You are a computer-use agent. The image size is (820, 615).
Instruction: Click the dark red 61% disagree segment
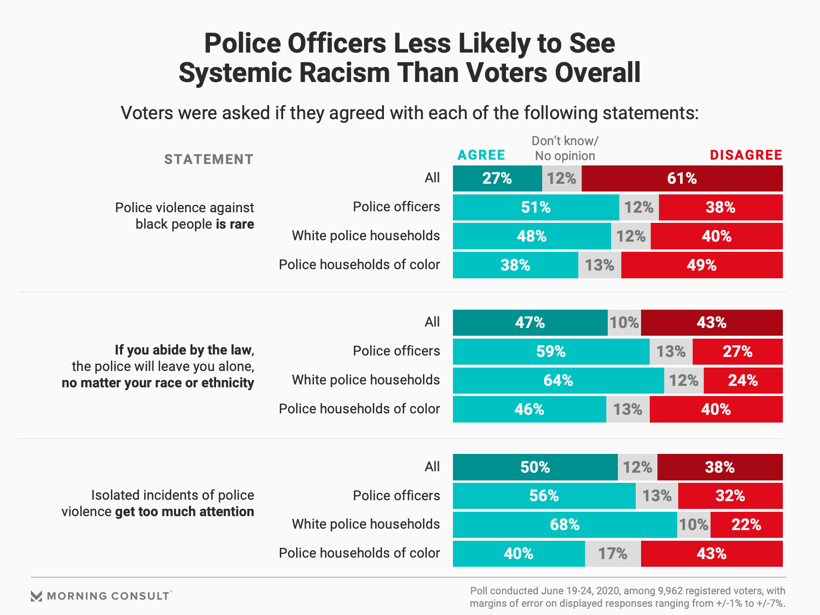coord(682,178)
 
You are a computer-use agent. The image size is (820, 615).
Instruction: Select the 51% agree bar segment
coord(536,207)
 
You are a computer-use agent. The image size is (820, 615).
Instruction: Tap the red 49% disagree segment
coord(702,265)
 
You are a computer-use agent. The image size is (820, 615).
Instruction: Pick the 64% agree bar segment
coord(558,381)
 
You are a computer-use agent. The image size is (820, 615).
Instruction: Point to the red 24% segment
coord(743,381)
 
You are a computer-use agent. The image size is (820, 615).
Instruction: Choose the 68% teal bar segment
coord(564,525)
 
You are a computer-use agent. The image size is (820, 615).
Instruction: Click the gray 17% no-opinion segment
coord(613,554)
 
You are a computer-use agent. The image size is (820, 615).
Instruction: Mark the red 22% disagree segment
coord(746,525)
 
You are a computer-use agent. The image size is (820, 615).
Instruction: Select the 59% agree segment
coord(551,352)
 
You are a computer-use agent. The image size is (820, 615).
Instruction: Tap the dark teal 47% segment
coord(530,323)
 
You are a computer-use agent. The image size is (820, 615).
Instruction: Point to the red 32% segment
coord(730,496)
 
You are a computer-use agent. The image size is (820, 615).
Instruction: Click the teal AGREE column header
coord(481,155)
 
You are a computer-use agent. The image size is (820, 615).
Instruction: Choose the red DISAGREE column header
coord(746,155)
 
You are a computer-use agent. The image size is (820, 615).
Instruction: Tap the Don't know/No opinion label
coord(565,149)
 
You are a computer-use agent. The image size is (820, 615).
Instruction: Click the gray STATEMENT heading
coord(209,160)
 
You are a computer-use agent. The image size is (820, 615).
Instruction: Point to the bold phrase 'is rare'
coord(235,224)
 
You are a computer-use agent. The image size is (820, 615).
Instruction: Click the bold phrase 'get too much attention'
coord(185,512)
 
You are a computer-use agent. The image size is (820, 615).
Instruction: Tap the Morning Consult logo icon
coord(36,596)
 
